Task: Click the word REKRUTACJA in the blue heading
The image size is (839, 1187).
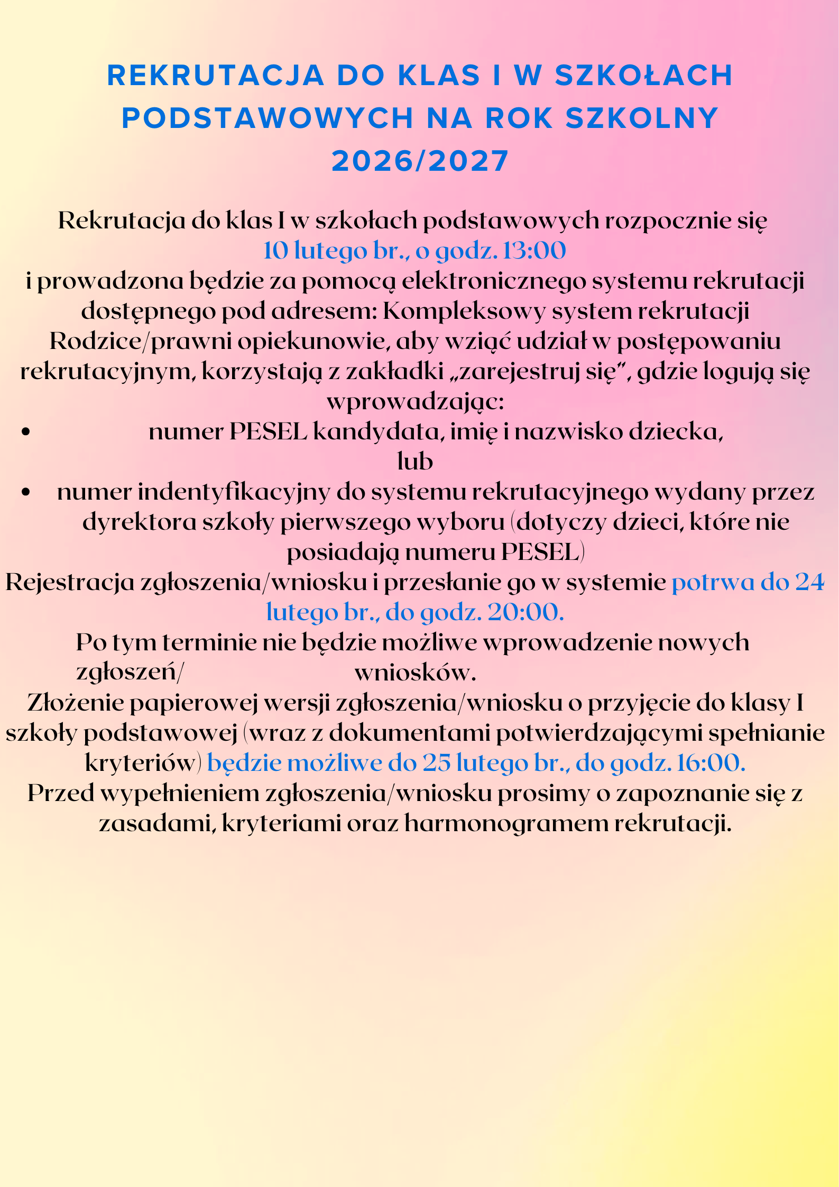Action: click(215, 75)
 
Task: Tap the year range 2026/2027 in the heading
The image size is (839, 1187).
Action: click(420, 161)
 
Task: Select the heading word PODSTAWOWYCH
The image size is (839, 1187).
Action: click(268, 118)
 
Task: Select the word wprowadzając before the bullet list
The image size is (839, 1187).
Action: click(416, 401)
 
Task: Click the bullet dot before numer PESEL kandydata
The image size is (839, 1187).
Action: click(25, 432)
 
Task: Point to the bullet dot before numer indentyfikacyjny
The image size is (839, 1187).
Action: click(25, 492)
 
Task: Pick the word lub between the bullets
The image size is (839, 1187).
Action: click(415, 462)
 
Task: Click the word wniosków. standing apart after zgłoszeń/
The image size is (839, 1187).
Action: click(416, 673)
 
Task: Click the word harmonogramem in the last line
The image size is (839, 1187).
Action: click(506, 823)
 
